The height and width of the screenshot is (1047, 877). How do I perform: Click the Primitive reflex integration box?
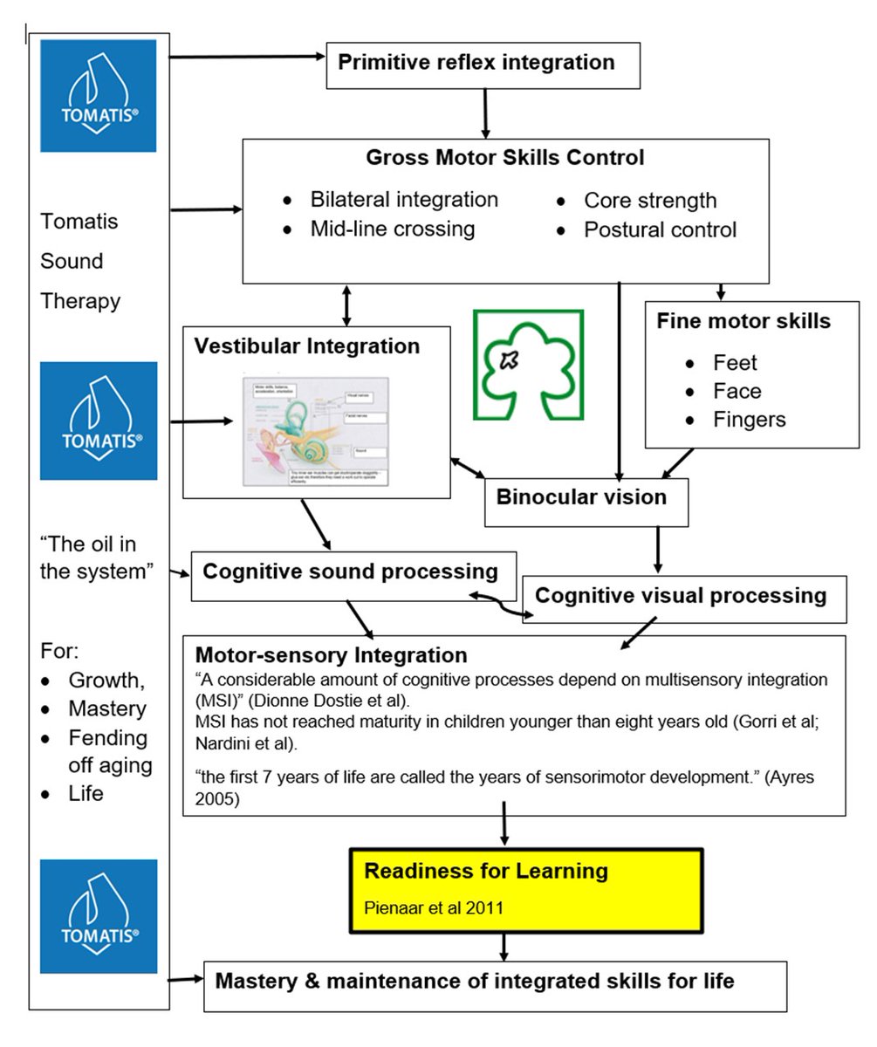(x=483, y=64)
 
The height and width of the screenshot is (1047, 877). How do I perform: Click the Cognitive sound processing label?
(x=351, y=572)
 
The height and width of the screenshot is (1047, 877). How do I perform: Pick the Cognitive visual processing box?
(x=681, y=597)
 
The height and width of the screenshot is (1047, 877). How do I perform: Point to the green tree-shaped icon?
(x=529, y=365)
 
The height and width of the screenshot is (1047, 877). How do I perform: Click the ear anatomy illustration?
(x=314, y=428)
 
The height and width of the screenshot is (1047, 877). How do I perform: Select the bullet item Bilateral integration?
(x=404, y=200)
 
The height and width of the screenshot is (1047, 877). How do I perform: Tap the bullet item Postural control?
(x=660, y=230)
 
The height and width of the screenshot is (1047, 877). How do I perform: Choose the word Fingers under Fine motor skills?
(x=749, y=420)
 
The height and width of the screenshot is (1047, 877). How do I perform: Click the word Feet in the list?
(x=735, y=363)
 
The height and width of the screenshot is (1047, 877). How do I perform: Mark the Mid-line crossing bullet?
(x=392, y=229)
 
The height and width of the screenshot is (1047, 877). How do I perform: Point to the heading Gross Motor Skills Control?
(x=505, y=159)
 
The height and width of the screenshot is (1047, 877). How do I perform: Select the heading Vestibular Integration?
(x=307, y=346)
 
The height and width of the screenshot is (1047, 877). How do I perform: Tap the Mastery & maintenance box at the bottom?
(x=495, y=983)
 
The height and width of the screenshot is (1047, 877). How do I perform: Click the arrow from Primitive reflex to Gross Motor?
(x=484, y=113)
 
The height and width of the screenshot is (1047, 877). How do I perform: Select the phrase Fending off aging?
(x=108, y=752)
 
